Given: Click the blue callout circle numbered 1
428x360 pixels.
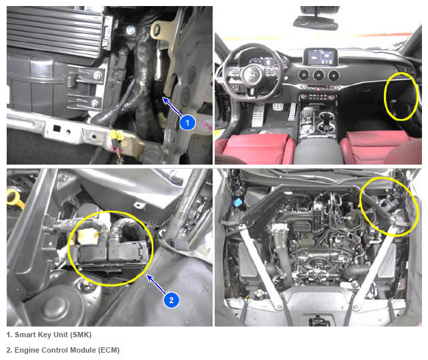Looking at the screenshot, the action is pyautogui.click(x=187, y=122).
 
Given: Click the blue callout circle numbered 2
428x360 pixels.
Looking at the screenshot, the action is pyautogui.click(x=171, y=300).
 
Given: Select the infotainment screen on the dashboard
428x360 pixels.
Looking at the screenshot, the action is pyautogui.click(x=321, y=56).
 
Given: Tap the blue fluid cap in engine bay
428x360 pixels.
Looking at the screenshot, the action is pyautogui.click(x=237, y=202).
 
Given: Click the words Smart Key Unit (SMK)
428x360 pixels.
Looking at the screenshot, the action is pyautogui.click(x=53, y=335).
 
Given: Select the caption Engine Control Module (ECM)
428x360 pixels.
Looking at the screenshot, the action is pyautogui.click(x=67, y=350).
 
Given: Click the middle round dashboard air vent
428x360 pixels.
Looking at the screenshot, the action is pyautogui.click(x=319, y=75).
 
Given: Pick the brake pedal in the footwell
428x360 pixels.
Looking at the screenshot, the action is pyautogui.click(x=278, y=106).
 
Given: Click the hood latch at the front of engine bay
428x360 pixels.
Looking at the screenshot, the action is pyautogui.click(x=318, y=321).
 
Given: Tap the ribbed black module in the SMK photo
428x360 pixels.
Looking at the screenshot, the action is pyautogui.click(x=55, y=31).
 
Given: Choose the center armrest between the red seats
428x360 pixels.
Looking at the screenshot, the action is pyautogui.click(x=318, y=152).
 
